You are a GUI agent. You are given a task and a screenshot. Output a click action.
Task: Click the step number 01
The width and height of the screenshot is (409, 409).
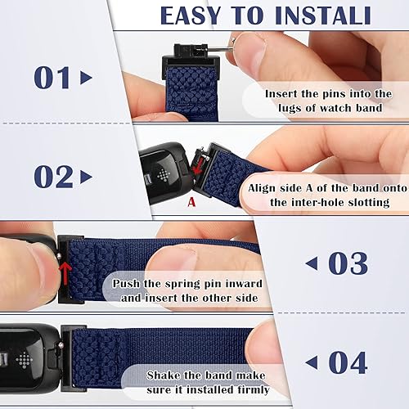click(54, 78)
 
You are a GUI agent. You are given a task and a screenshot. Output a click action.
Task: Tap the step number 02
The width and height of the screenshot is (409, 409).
click(54, 176)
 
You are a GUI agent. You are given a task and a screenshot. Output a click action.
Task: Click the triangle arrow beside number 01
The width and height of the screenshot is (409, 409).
click(87, 79)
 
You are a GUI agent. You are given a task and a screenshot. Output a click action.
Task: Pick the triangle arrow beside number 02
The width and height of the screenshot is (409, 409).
click(87, 177)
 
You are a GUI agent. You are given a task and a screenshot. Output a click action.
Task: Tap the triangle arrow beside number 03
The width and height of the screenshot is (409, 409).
click(312, 263)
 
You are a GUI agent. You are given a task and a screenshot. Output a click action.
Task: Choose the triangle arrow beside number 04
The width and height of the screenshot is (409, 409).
click(312, 362)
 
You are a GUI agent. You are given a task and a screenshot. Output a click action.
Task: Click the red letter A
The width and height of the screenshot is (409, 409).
click(191, 200)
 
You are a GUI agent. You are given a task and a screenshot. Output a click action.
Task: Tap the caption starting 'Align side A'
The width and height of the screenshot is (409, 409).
click(326, 195)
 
